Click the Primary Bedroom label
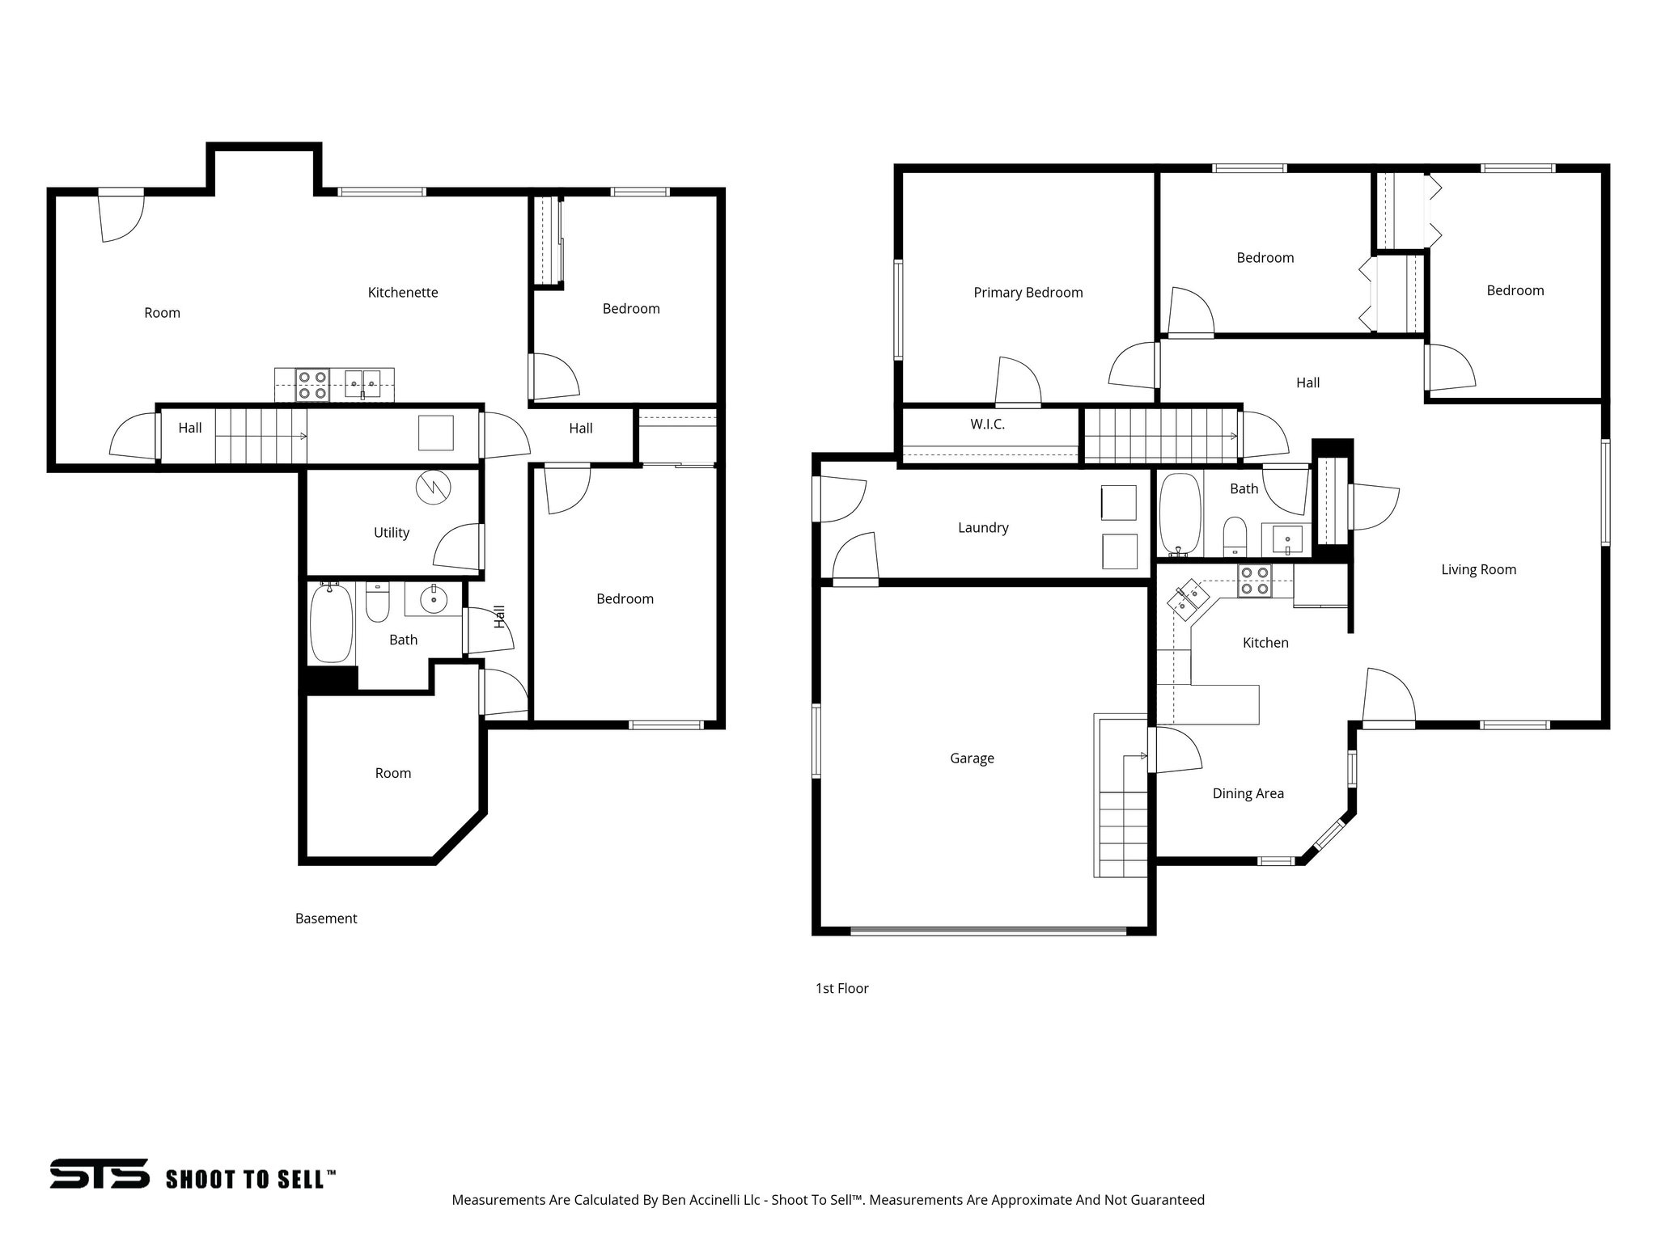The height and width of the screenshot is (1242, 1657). coord(1028,293)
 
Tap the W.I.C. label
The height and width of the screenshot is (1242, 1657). coord(987,425)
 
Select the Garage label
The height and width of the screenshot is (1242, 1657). coord(972,758)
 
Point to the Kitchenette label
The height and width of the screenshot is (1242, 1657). coord(403,293)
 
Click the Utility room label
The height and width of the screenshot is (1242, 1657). coord(391,533)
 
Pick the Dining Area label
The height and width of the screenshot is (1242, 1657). coord(1248,794)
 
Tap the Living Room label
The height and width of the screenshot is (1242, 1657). coord(1478,570)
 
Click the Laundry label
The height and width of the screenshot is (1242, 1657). coord(983,528)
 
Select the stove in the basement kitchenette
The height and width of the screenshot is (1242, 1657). coord(311,385)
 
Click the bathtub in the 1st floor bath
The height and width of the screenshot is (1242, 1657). coord(1179,513)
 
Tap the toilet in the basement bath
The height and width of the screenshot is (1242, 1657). coord(377,602)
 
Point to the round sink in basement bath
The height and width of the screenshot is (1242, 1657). coord(434,599)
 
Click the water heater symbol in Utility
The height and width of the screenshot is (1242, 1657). coord(433,488)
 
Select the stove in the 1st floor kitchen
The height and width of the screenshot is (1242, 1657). coord(1254,581)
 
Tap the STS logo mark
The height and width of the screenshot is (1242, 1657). coord(100,1173)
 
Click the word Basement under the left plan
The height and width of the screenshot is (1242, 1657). coord(326,919)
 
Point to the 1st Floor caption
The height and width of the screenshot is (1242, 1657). coord(841,988)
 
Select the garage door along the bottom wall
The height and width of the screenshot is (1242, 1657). coord(987,931)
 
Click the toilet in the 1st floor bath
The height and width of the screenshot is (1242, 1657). coord(1235,535)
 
